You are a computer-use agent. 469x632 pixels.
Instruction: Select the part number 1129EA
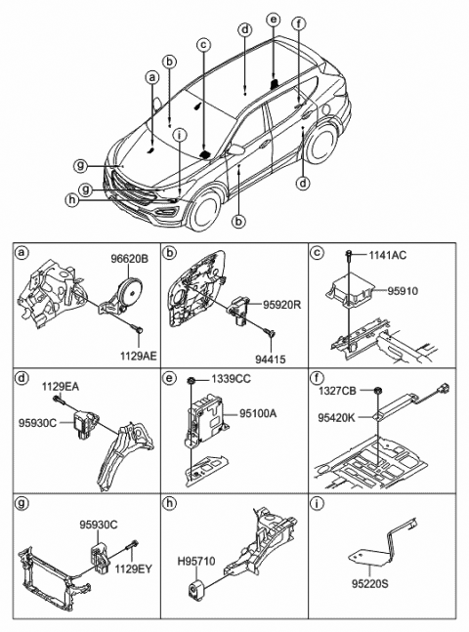pos(59,387)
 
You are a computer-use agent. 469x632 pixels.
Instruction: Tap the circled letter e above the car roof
pos(273,19)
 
